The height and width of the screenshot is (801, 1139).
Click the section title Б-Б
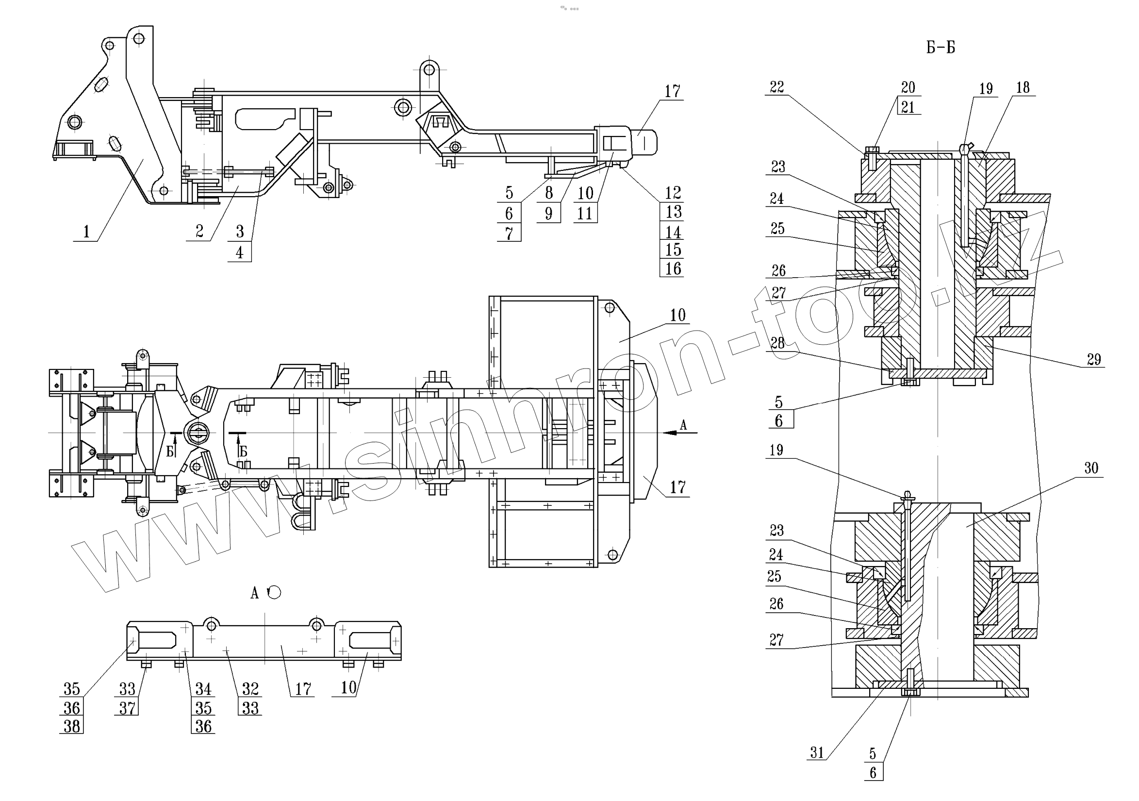click(940, 48)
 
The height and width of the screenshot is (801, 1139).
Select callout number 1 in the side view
click(86, 231)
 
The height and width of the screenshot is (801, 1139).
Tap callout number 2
click(199, 231)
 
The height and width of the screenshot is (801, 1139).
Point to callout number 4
click(240, 252)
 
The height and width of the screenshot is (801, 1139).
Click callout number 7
click(509, 233)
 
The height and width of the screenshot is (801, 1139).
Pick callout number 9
click(549, 214)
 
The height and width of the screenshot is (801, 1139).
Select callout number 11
click(585, 214)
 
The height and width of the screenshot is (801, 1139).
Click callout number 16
click(673, 268)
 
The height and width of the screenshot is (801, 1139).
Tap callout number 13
click(673, 212)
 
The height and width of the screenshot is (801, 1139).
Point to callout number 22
click(777, 87)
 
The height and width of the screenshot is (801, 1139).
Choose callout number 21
click(908, 107)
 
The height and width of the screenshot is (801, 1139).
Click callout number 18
click(1023, 88)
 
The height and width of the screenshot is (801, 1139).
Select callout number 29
click(1094, 359)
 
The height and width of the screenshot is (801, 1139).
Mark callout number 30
click(1091, 468)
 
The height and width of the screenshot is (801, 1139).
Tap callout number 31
click(817, 752)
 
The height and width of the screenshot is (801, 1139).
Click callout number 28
click(777, 343)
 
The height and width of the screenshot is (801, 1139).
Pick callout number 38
click(72, 726)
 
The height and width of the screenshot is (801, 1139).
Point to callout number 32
click(250, 689)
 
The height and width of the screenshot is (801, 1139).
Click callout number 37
click(127, 708)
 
